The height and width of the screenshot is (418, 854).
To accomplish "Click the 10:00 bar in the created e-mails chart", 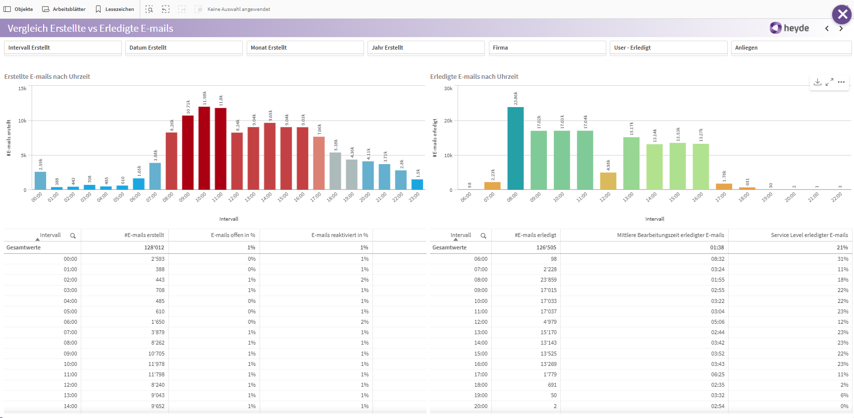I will (204, 149).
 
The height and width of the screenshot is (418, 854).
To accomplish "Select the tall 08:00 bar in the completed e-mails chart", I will (515, 149).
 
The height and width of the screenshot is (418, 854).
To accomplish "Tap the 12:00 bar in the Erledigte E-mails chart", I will (608, 181).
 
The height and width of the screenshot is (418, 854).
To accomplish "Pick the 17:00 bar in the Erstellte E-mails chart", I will (319, 164).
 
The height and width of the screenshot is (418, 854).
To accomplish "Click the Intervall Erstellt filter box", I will (63, 48).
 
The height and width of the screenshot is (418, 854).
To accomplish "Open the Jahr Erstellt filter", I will (426, 48).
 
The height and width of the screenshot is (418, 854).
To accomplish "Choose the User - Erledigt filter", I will (668, 48).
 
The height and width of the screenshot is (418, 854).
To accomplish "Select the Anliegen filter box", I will (791, 48).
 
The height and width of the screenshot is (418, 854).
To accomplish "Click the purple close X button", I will (842, 14).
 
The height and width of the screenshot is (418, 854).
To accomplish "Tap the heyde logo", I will (790, 28).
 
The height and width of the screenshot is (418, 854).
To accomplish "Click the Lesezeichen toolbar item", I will (114, 9).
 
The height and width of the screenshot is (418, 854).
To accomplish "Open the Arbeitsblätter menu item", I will (64, 9).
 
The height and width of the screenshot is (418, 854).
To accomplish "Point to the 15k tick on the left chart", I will (22, 89).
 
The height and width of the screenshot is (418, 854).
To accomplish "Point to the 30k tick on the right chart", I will (448, 89).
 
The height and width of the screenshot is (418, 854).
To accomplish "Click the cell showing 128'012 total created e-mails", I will (154, 247).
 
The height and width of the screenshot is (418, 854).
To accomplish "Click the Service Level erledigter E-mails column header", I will (809, 235).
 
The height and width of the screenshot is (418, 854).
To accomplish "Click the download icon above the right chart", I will (817, 82).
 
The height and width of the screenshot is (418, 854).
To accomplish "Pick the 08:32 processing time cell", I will (717, 259).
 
